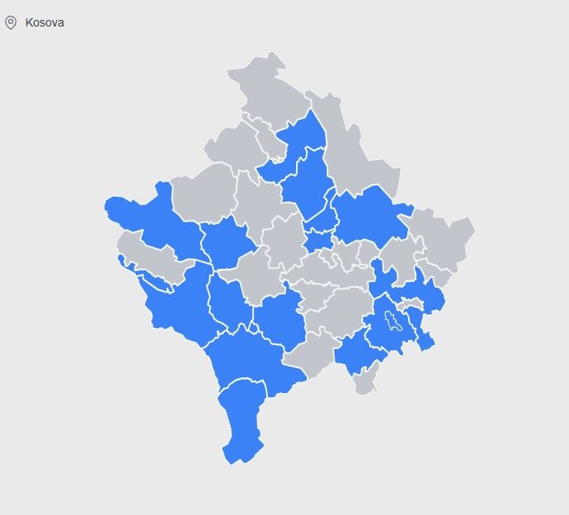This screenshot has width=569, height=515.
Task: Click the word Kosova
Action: click(x=45, y=22)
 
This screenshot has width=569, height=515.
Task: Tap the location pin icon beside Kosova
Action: click(x=11, y=22)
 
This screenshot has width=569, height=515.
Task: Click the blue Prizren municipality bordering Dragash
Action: click(x=249, y=357)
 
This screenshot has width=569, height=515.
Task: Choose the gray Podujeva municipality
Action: click(x=357, y=158)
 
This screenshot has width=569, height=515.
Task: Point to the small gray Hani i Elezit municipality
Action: click(x=365, y=381)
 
